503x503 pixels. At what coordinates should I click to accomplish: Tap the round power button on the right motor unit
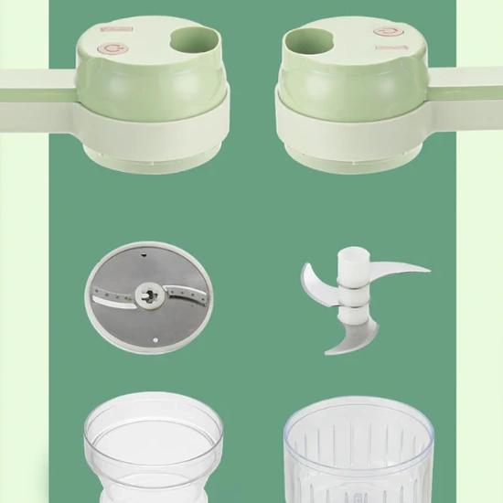[386, 31]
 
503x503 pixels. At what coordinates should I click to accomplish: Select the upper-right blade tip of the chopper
[416, 269]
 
